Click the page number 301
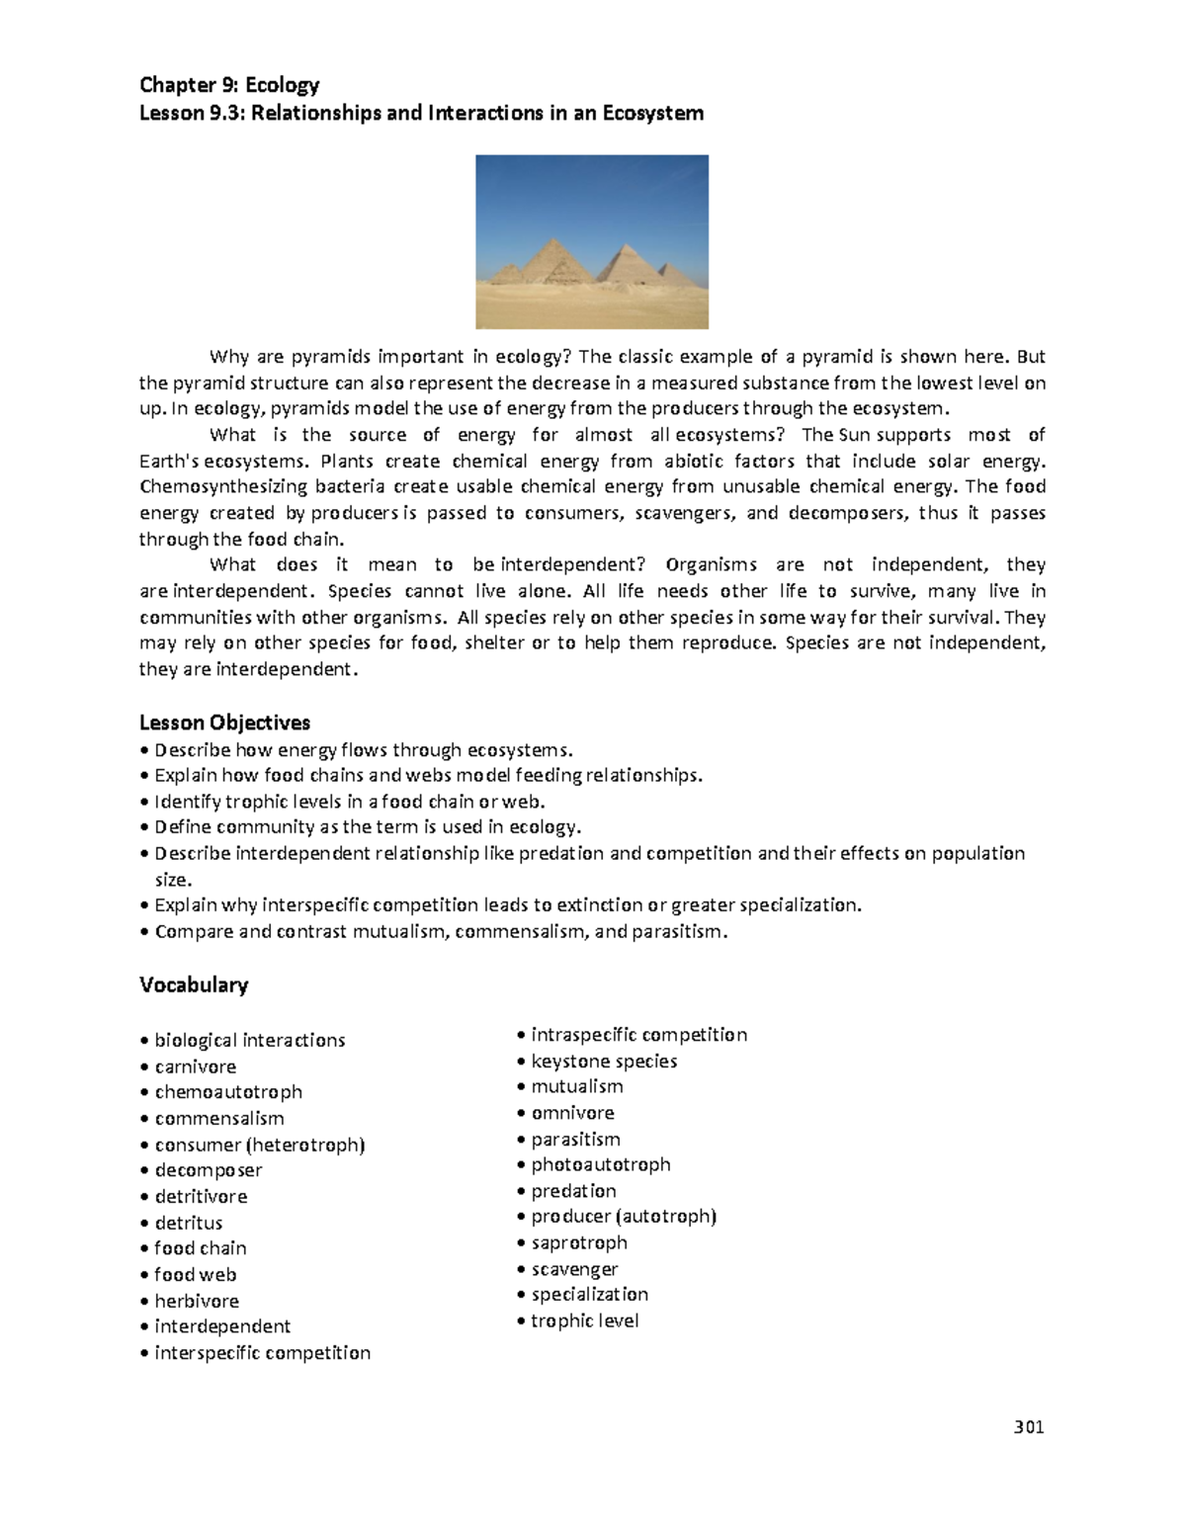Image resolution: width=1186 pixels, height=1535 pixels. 1029,1426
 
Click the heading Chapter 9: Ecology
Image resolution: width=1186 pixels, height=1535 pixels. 229,85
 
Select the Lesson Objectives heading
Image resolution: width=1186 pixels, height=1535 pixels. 224,723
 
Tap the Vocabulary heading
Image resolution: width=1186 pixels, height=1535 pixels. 194,984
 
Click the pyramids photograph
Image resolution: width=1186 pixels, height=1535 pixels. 592,241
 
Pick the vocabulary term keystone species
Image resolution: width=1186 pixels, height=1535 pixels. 604,1061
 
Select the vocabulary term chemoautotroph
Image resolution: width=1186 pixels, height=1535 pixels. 228,1092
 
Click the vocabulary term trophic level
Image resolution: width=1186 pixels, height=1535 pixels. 584,1321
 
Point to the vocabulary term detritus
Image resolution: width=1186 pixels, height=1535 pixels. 188,1223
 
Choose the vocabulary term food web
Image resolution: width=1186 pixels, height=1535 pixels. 195,1275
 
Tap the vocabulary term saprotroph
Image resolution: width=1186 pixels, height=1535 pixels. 579,1242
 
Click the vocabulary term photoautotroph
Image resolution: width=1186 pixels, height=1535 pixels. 600,1164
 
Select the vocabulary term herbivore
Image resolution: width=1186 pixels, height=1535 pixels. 197,1301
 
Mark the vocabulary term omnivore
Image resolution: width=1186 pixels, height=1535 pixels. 572,1113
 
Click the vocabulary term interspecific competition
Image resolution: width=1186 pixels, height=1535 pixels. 262,1352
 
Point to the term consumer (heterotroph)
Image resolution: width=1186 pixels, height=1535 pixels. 260,1145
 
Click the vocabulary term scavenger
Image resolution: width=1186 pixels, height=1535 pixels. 574,1269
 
